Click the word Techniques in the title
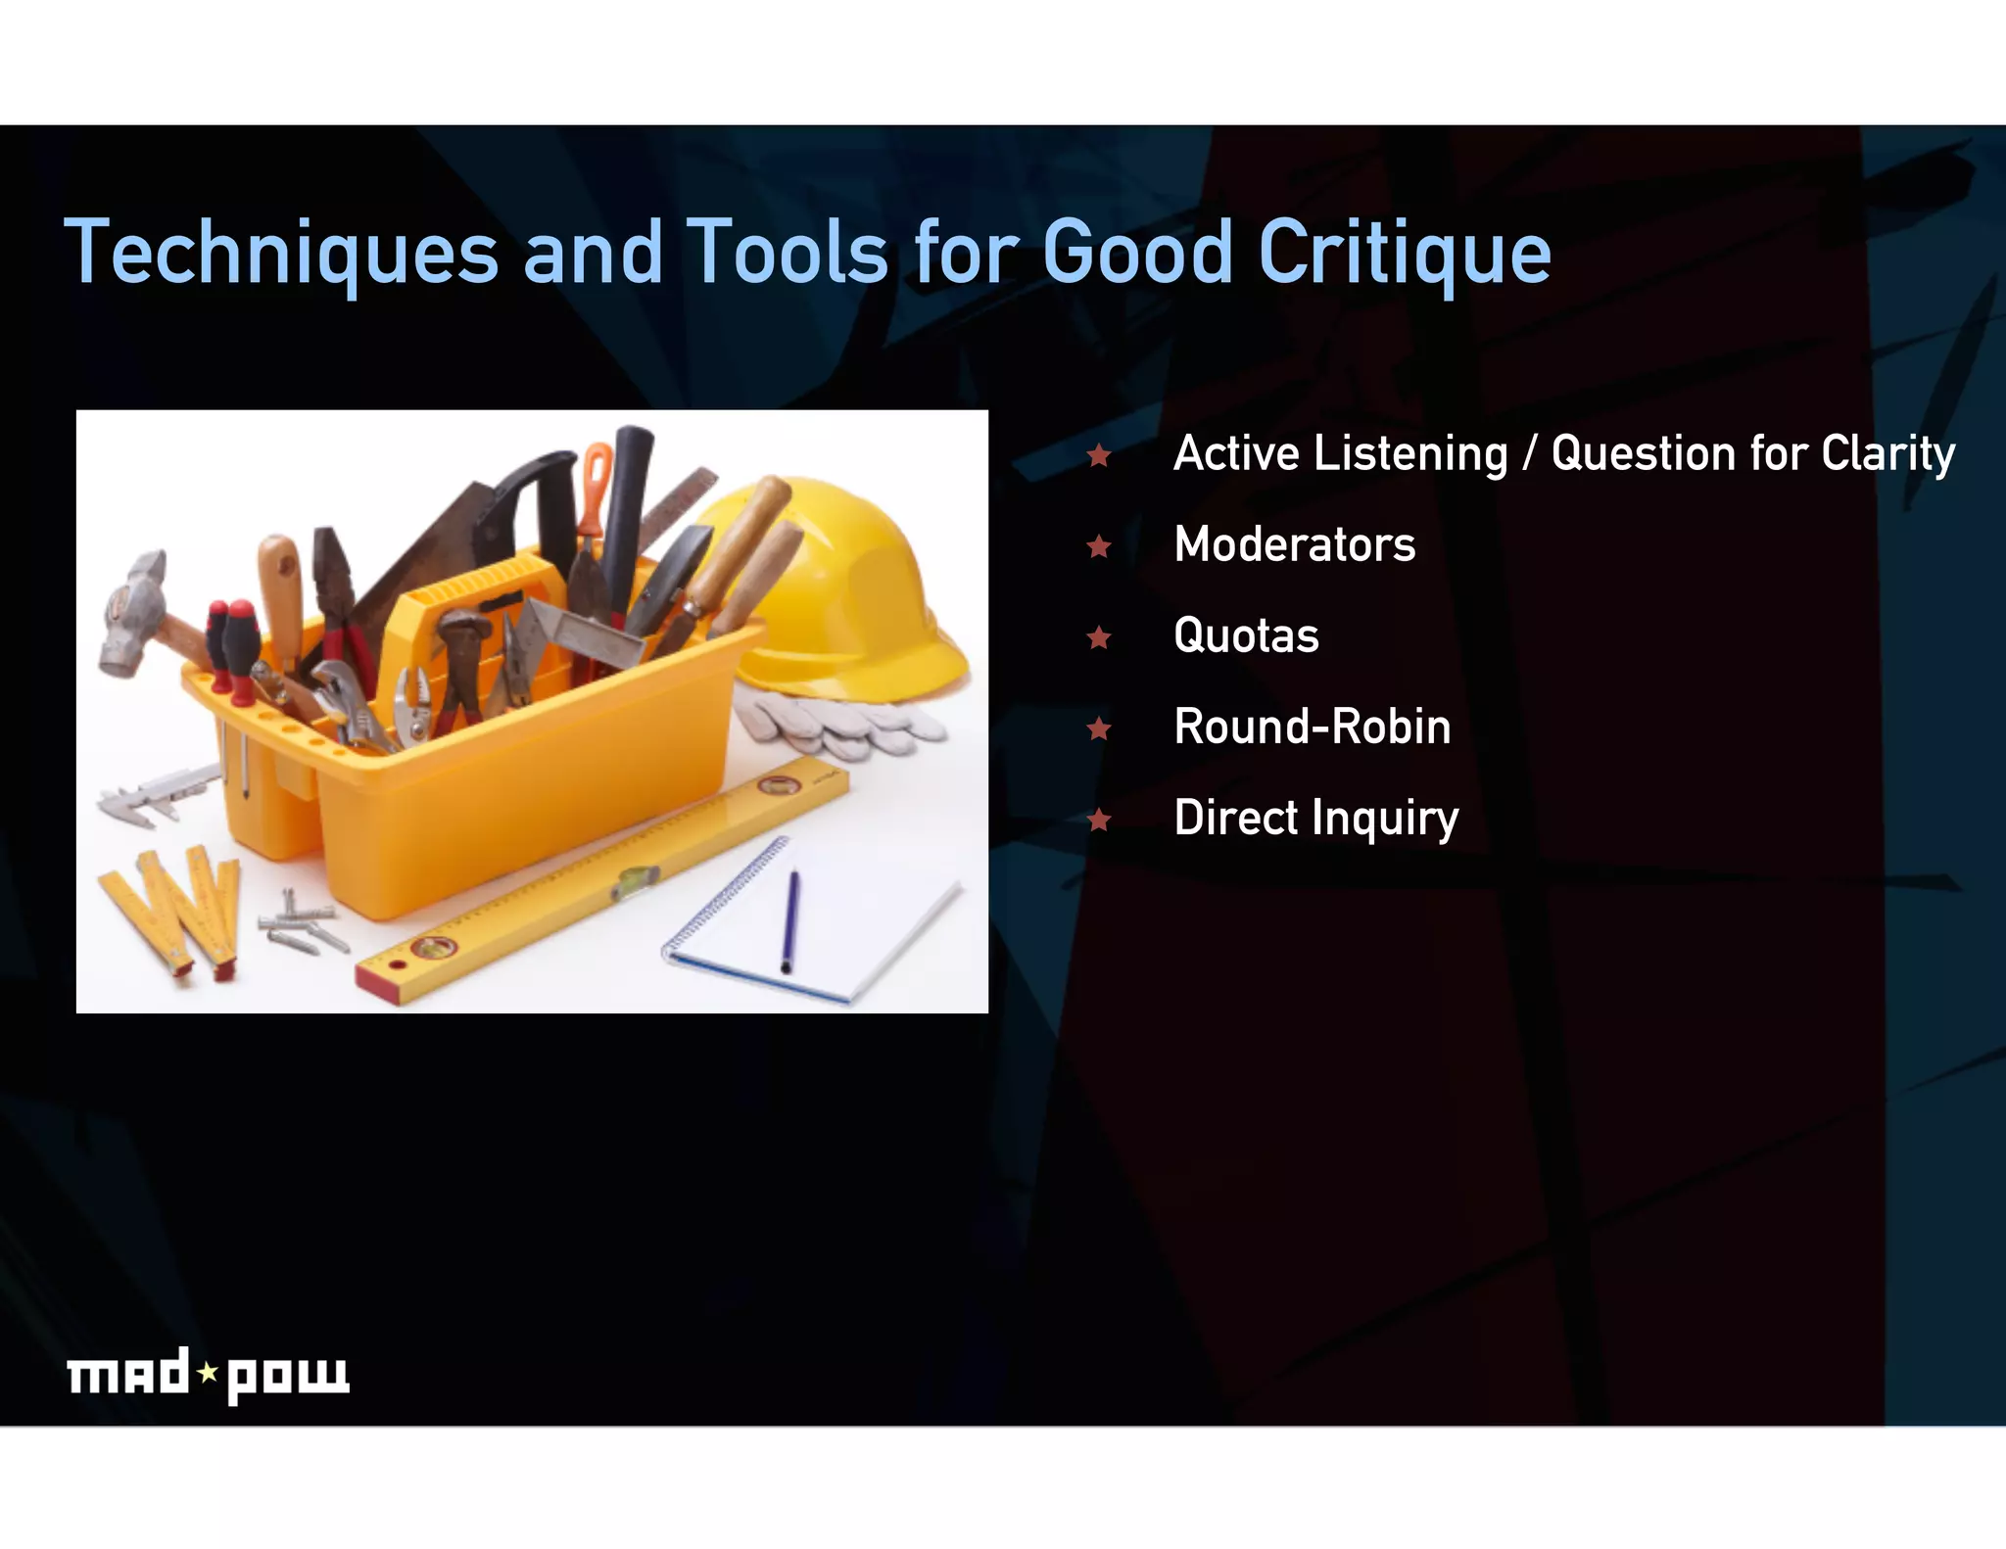[281, 253]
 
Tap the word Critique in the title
[1404, 253]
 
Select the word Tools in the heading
[787, 253]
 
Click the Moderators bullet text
[1294, 544]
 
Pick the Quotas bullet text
[1246, 635]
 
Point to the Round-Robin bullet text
[1312, 727]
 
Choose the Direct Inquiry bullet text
[1315, 819]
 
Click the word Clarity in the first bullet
[1887, 454]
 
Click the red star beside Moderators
[1099, 545]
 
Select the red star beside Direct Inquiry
[1099, 819]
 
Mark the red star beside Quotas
[1099, 637]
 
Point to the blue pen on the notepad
[789, 920]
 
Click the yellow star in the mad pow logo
[208, 1373]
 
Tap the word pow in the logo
[287, 1377]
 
